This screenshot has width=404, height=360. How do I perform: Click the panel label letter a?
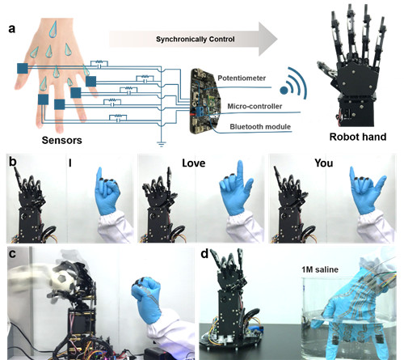pyautogui.click(x=11, y=28)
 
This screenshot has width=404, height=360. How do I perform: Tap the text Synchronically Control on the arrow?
pyautogui.click(x=196, y=40)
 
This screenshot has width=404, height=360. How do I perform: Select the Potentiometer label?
pyautogui.click(x=242, y=78)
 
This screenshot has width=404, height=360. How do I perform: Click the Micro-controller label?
pyautogui.click(x=255, y=106)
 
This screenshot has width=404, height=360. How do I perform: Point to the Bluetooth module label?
pyautogui.click(x=260, y=127)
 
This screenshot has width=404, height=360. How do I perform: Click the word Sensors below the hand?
pyautogui.click(x=61, y=140)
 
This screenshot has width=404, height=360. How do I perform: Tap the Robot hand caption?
pyautogui.click(x=358, y=137)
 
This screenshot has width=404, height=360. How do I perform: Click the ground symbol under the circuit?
pyautogui.click(x=161, y=144)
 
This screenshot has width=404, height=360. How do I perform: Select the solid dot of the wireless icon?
pyautogui.click(x=284, y=91)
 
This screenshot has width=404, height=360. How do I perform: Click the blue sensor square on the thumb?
pyautogui.click(x=23, y=69)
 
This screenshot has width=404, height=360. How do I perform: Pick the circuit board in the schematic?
pyautogui.click(x=205, y=101)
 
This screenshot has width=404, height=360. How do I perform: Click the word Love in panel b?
pyautogui.click(x=193, y=163)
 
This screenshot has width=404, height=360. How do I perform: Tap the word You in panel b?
pyautogui.click(x=324, y=163)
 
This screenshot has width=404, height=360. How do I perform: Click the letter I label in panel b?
pyautogui.click(x=70, y=163)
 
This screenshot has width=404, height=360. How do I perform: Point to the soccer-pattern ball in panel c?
pyautogui.click(x=62, y=281)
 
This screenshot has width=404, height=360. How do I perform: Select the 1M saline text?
pyautogui.click(x=320, y=269)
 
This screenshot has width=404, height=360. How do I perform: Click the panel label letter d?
pyautogui.click(x=204, y=254)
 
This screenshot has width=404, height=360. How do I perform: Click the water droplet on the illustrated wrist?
pyautogui.click(x=53, y=29)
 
